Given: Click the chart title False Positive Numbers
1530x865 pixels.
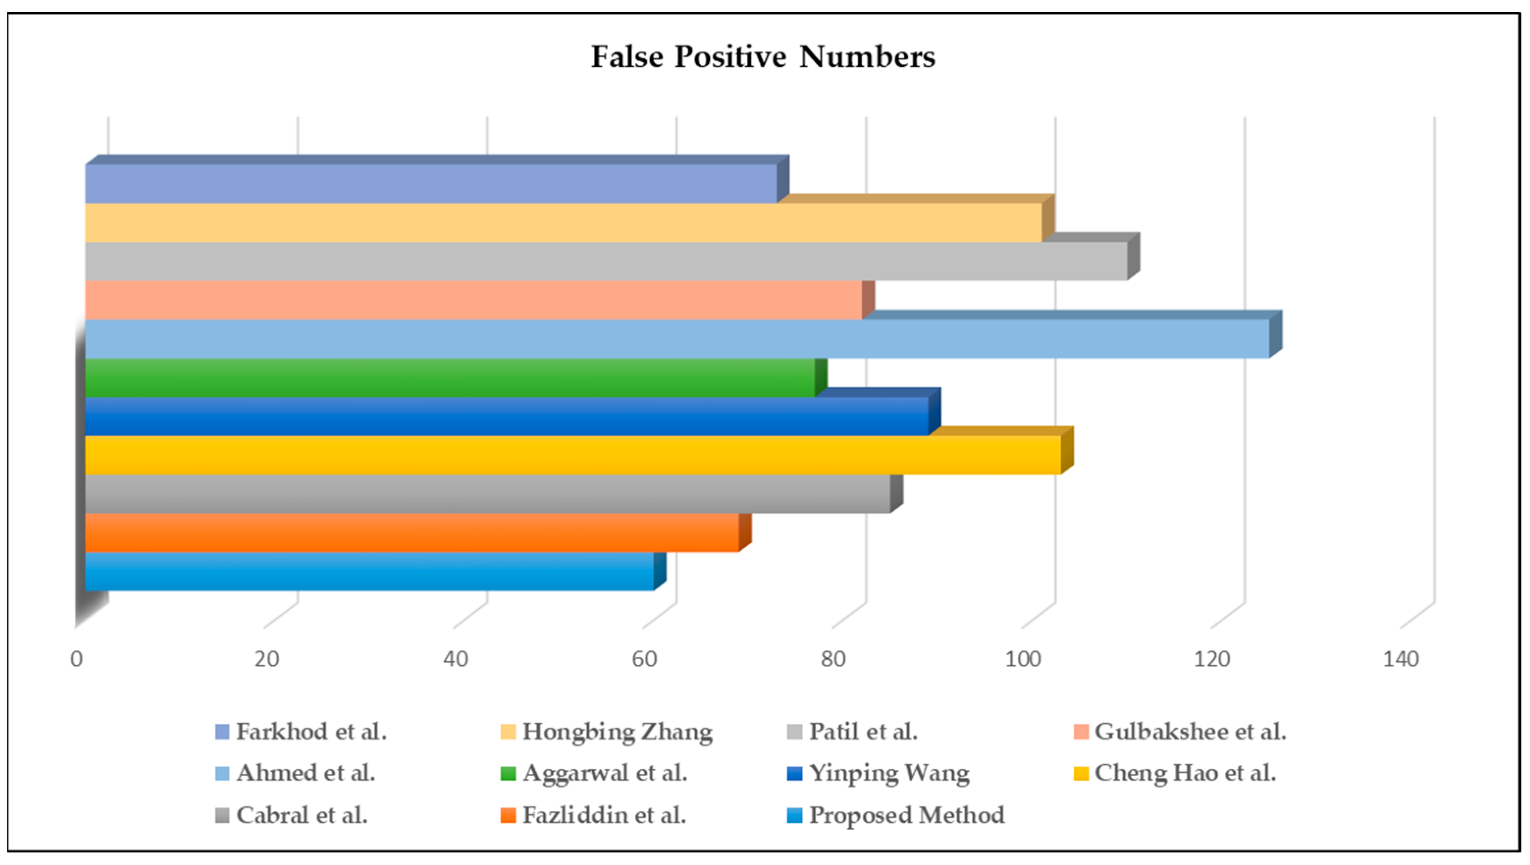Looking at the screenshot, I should [x=763, y=57].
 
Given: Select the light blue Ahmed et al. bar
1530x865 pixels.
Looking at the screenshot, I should [x=677, y=339].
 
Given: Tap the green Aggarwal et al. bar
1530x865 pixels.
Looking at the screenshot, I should [x=450, y=378].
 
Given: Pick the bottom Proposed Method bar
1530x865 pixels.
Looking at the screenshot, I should [x=369, y=572].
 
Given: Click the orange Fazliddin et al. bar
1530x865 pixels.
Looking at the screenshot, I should [x=412, y=532].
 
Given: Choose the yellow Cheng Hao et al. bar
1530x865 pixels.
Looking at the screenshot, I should [x=572, y=455].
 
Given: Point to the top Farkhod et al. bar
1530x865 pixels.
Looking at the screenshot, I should [x=431, y=183].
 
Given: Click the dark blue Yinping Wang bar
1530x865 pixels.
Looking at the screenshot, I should [x=507, y=417].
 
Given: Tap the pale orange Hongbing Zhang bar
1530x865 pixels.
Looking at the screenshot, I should [x=563, y=223].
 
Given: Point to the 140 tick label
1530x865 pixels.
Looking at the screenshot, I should [x=1400, y=659].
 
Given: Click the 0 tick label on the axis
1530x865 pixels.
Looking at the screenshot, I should [x=76, y=659].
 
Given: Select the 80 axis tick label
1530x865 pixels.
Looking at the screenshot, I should [x=833, y=659].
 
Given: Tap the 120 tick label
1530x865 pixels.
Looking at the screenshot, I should [x=1212, y=659].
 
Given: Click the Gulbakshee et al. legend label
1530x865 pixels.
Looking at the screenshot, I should [x=1190, y=732].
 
